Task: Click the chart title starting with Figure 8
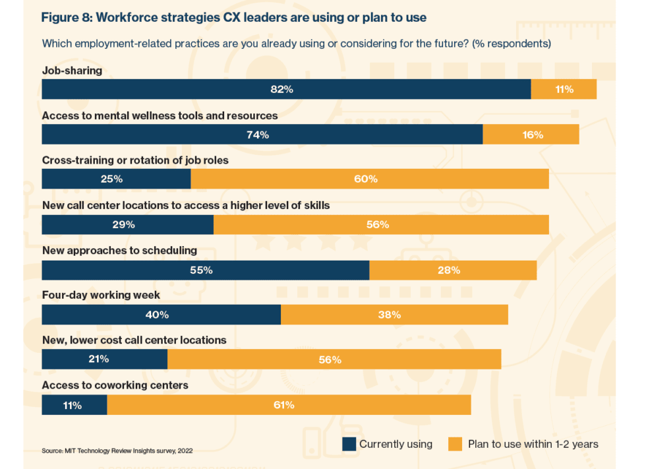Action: click(x=233, y=18)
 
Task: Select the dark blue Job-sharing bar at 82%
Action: click(x=286, y=89)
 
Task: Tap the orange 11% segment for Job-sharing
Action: click(x=564, y=89)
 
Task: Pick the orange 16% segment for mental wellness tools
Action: click(x=531, y=135)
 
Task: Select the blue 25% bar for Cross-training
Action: click(x=116, y=179)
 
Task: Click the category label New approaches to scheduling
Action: click(x=119, y=251)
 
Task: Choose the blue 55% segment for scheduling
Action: click(x=205, y=270)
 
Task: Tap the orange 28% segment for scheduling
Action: click(x=453, y=270)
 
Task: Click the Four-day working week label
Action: click(x=101, y=296)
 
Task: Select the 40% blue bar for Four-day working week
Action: click(x=161, y=315)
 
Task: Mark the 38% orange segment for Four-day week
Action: click(x=394, y=315)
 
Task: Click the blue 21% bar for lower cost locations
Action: click(x=104, y=360)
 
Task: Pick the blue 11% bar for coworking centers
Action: click(x=74, y=405)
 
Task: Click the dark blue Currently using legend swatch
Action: click(x=349, y=444)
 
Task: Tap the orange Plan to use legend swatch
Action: click(x=455, y=444)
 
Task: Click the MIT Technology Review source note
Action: click(x=117, y=451)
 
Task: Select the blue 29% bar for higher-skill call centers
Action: click(x=127, y=224)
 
